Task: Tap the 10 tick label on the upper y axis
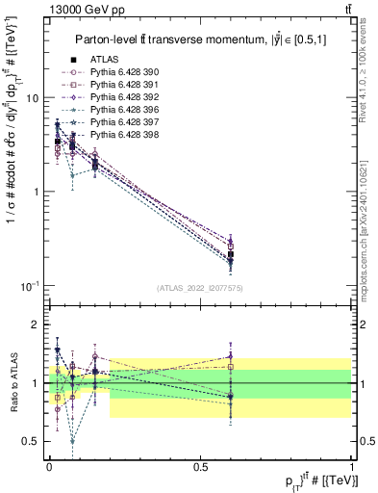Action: point(31,98)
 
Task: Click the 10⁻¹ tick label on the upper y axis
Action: point(31,286)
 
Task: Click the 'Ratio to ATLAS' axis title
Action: point(13,383)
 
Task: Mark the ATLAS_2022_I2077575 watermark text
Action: point(199,288)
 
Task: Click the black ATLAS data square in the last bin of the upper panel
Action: point(231,255)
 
